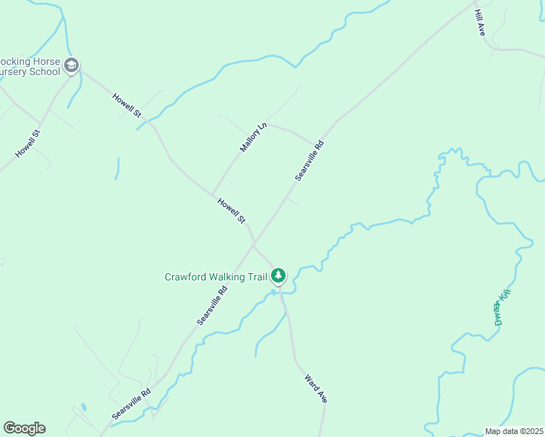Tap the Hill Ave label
pyautogui.click(x=480, y=23)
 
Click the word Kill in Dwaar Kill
pyautogui.click(x=503, y=297)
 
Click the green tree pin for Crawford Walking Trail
pyautogui.click(x=278, y=275)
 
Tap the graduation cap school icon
pyautogui.click(x=71, y=66)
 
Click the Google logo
pyautogui.click(x=24, y=428)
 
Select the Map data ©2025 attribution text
pyautogui.click(x=514, y=431)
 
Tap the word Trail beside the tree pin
pyautogui.click(x=258, y=277)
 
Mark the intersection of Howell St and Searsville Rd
pyautogui.click(x=254, y=244)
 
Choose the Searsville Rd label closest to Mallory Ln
pyautogui.click(x=309, y=160)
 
